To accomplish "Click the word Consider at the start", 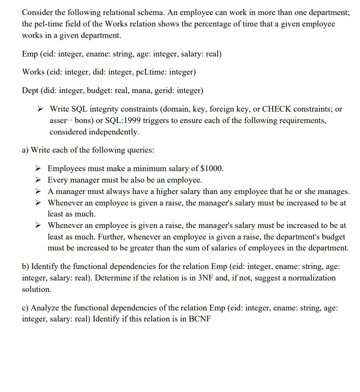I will tap(37, 12).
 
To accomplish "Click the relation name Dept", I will tap(31, 91).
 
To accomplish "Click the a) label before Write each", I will tap(26, 150).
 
